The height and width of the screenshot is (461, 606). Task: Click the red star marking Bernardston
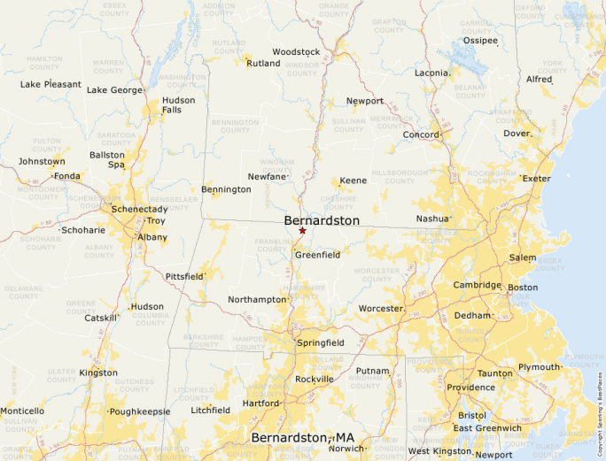click(302, 231)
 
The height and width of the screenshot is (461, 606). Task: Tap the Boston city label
click(523, 288)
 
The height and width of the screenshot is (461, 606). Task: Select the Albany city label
click(151, 237)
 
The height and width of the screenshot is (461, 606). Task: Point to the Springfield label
click(321, 342)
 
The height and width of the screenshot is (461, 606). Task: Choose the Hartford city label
click(260, 403)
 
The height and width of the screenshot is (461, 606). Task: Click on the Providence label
click(470, 388)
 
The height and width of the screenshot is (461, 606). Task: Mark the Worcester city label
click(381, 308)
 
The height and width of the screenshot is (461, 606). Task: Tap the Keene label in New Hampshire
click(353, 181)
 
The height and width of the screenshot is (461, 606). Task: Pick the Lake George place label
click(113, 90)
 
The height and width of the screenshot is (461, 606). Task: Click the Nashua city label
click(432, 219)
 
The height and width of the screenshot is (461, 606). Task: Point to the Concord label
click(421, 134)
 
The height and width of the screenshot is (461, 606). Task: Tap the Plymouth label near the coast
click(540, 367)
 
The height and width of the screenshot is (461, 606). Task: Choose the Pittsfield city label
click(184, 277)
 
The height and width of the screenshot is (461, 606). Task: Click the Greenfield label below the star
click(317, 255)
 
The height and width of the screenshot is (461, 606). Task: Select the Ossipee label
click(480, 41)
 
